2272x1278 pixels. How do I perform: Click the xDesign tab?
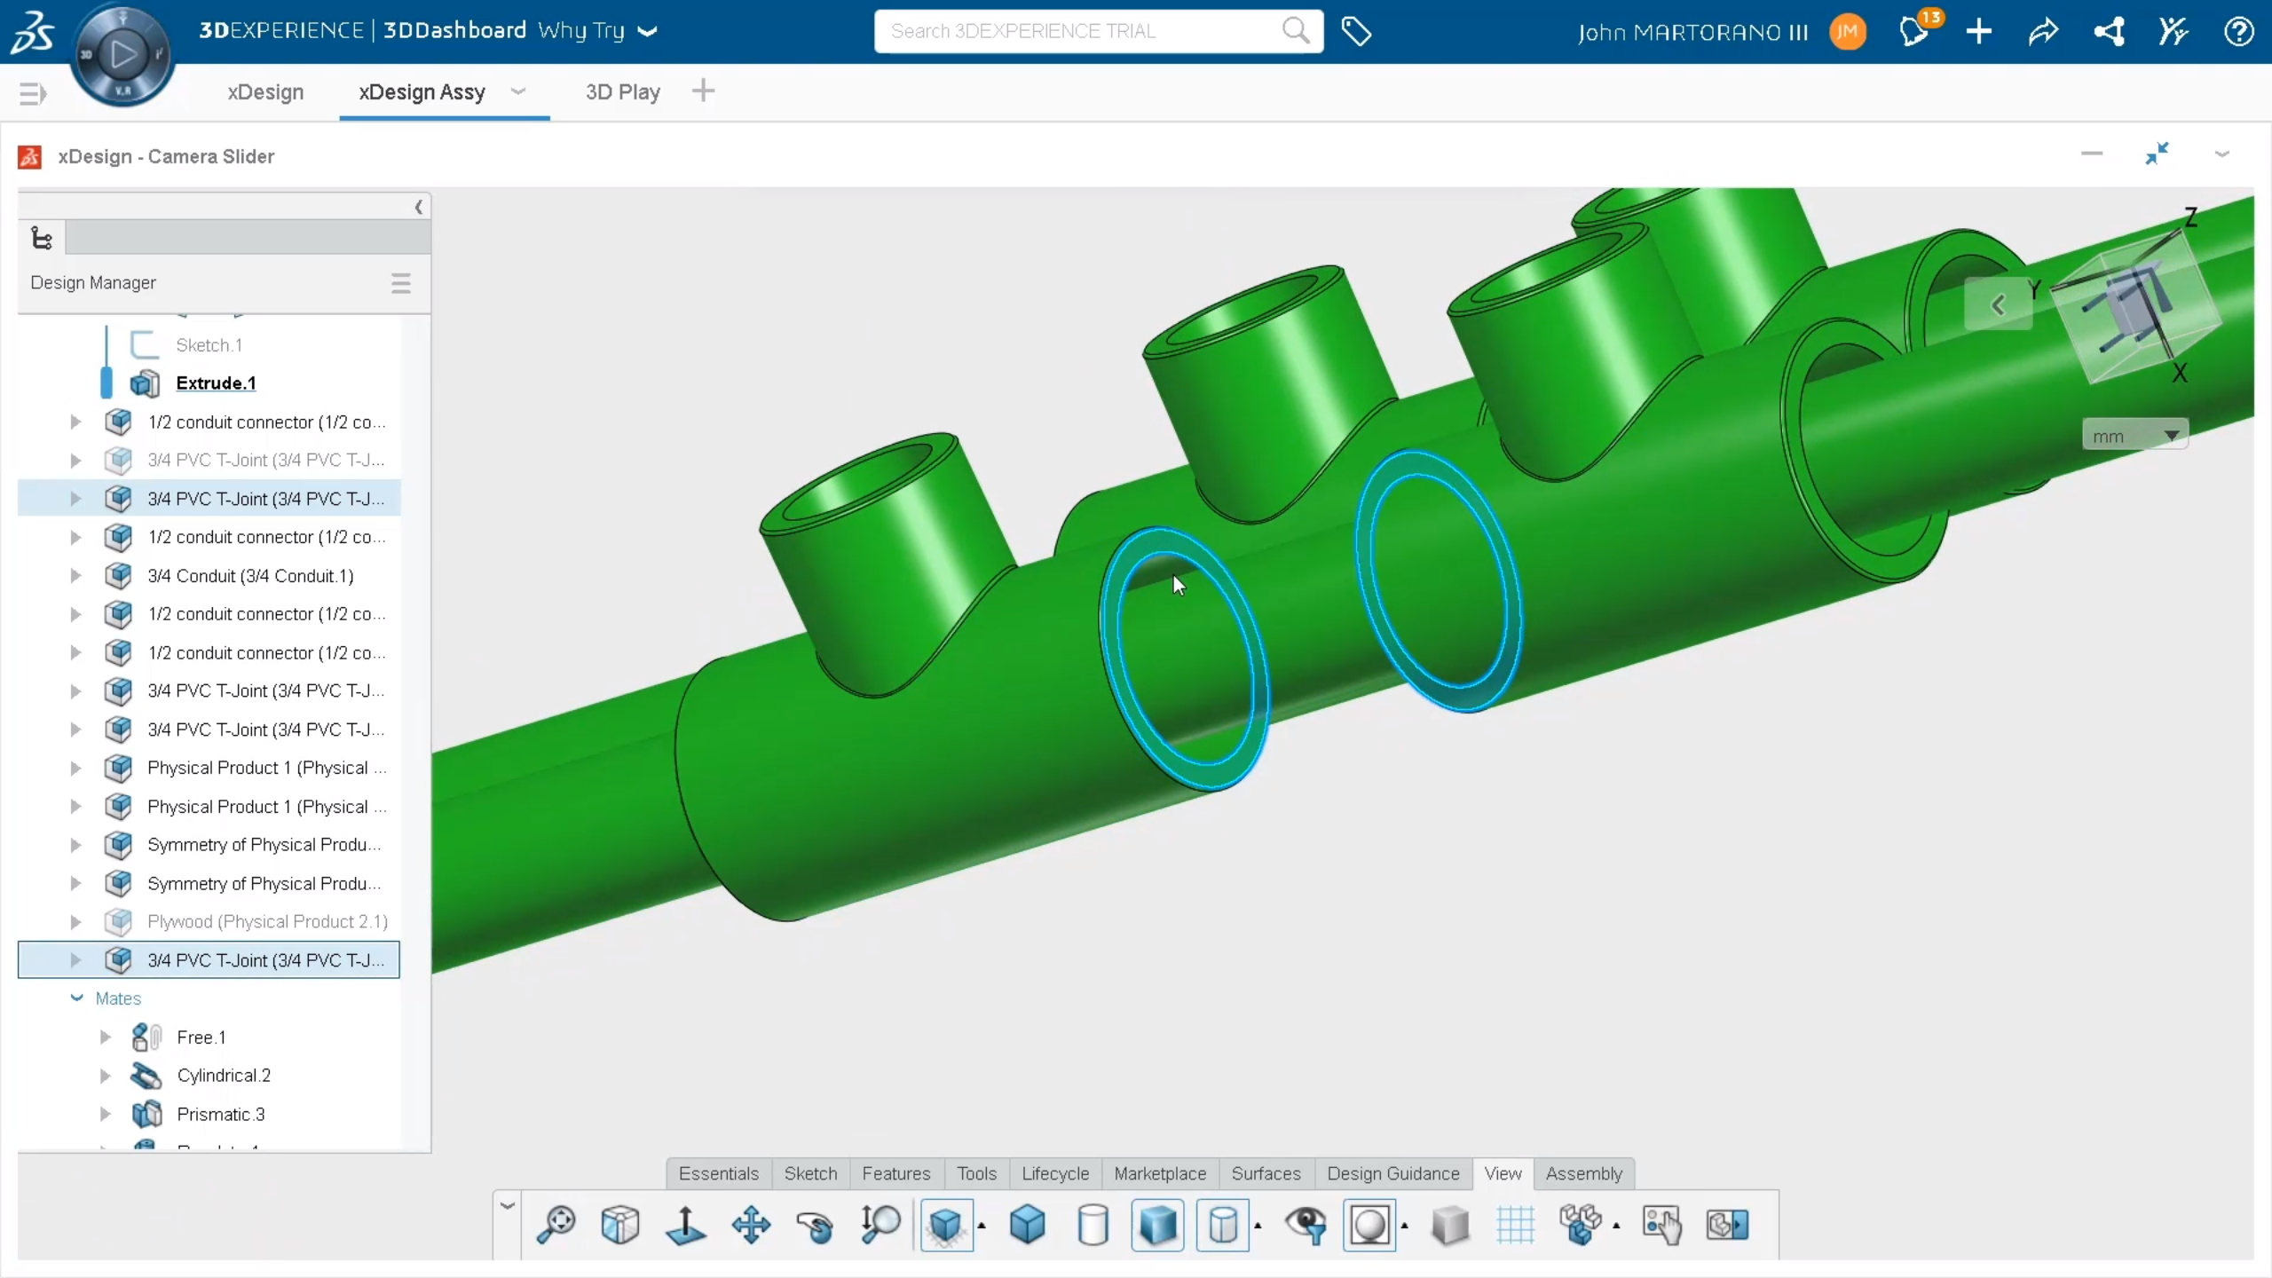[x=265, y=92]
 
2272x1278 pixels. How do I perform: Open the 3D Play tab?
[x=622, y=92]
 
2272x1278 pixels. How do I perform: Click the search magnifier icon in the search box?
[x=1295, y=31]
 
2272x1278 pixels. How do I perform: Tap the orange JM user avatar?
[x=1848, y=32]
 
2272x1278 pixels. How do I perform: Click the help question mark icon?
[x=2238, y=32]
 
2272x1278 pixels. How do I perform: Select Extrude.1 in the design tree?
[x=216, y=383]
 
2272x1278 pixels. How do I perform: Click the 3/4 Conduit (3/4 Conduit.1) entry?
[x=250, y=576]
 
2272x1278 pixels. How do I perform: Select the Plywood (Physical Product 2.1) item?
[x=267, y=922]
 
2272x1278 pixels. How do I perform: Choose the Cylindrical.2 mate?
[x=224, y=1076]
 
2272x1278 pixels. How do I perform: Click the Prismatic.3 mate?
[x=220, y=1115]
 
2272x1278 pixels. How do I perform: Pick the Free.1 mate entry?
[x=201, y=1037]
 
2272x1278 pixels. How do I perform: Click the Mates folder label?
[x=118, y=998]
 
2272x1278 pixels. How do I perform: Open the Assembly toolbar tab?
[x=1583, y=1173]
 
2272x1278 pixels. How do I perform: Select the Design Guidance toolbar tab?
[x=1392, y=1173]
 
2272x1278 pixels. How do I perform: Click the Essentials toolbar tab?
[x=718, y=1173]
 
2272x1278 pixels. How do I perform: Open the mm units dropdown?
[x=2134, y=436]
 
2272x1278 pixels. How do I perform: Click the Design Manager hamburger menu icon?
[x=400, y=283]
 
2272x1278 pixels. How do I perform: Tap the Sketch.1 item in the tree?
[x=209, y=345]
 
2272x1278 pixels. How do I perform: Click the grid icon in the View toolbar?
[x=1515, y=1226]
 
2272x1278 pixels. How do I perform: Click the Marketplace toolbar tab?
[x=1160, y=1173]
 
